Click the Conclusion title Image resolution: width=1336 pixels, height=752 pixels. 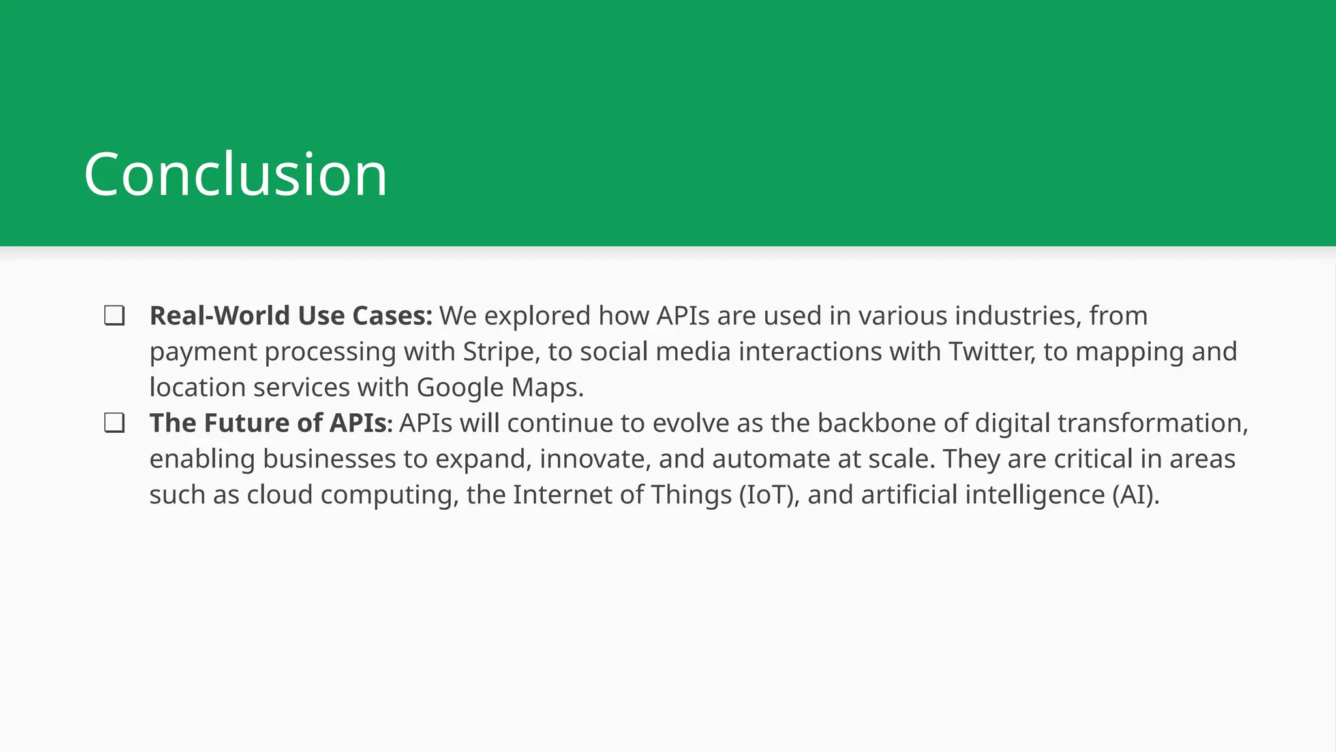(x=235, y=174)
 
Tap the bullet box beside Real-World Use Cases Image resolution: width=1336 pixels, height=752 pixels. (x=114, y=316)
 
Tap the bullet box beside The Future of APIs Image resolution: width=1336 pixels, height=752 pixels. (x=114, y=423)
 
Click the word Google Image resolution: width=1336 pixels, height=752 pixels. (x=460, y=388)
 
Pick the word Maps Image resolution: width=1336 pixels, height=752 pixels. (x=547, y=388)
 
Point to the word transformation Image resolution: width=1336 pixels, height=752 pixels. (x=1152, y=423)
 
